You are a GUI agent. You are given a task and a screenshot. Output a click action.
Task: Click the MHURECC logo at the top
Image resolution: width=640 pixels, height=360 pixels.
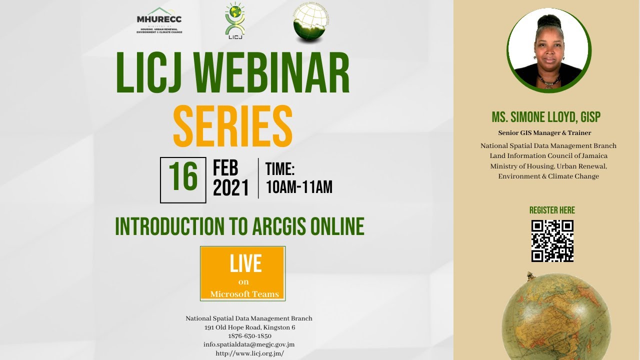tap(159, 20)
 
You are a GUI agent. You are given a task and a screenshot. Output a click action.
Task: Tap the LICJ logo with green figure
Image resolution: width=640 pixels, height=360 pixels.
tap(234, 20)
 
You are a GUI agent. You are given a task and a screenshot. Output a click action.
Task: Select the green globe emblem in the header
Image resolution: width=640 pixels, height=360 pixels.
tap(311, 23)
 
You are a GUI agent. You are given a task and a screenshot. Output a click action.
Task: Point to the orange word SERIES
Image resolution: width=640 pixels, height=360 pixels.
tap(232, 126)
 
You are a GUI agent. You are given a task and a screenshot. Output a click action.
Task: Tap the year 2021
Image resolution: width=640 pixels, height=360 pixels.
tap(230, 188)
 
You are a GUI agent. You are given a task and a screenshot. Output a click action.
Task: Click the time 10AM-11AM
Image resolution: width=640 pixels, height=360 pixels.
tap(299, 187)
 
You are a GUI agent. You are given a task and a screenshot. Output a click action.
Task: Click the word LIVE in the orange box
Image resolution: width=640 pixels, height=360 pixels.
tap(245, 263)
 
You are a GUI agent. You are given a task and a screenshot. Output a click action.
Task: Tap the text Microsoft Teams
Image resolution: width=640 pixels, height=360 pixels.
tap(244, 294)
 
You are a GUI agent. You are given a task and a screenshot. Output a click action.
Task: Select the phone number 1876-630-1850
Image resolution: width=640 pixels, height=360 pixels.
tap(249, 336)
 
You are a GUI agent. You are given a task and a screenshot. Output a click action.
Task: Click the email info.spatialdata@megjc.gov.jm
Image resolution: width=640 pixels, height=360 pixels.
tap(249, 344)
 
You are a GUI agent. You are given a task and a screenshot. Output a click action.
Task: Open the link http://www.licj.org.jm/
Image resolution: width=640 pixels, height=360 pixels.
tap(249, 353)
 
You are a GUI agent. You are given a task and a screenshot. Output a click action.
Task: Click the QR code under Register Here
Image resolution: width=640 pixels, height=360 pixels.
tap(552, 241)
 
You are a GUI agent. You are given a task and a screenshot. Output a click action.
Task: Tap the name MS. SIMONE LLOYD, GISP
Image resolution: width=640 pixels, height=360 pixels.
tap(545, 117)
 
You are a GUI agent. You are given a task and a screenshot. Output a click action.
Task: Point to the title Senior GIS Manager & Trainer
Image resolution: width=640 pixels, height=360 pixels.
tap(544, 133)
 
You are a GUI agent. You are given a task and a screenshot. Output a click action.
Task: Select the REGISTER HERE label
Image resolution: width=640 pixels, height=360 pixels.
tap(552, 210)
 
